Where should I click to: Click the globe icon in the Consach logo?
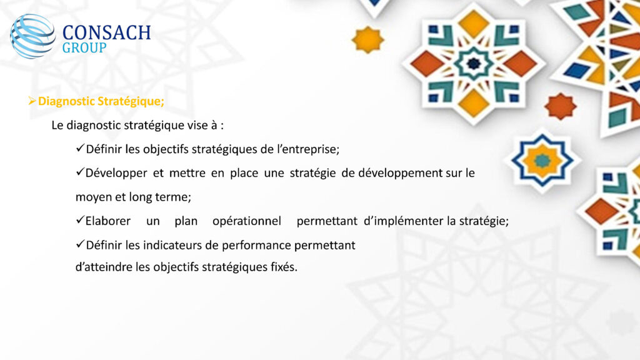point(32,36)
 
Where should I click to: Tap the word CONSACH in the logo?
point(106,33)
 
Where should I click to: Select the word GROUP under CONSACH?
point(84,47)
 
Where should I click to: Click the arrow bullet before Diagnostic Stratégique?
point(32,101)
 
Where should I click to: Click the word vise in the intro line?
point(197,125)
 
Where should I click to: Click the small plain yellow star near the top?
point(367,39)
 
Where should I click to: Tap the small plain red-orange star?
point(561,106)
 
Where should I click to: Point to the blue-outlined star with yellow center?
point(542,161)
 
